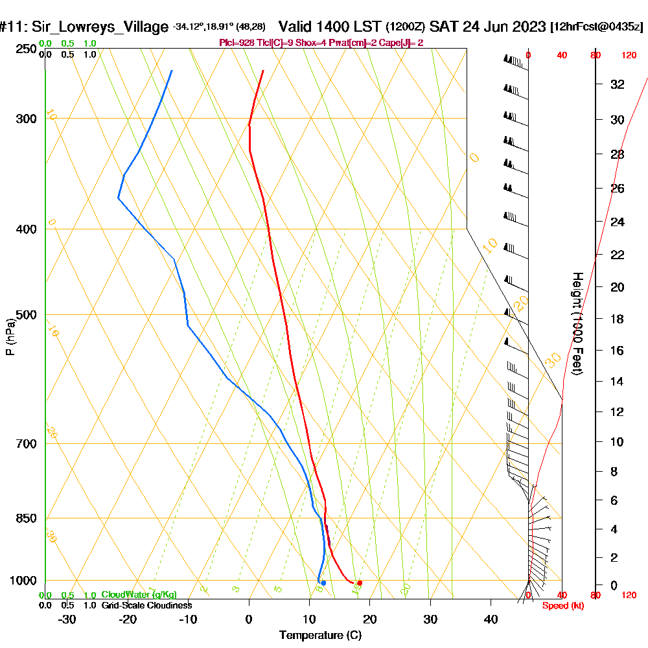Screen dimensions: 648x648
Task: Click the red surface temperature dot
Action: coord(360,583)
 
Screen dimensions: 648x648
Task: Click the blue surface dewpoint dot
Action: coord(323,583)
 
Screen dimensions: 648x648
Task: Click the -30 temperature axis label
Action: coord(67,619)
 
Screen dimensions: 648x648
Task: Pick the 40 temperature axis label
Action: coord(491,619)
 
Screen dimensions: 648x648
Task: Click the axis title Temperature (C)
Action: coord(320,635)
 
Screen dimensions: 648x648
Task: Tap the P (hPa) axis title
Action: coord(10,337)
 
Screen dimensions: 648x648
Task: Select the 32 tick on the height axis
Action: coord(617,84)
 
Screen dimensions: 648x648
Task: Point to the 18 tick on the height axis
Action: coord(617,319)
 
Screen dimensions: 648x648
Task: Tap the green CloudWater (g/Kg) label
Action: coord(139,595)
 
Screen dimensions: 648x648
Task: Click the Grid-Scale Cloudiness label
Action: coord(146,605)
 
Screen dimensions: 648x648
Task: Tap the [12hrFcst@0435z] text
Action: coord(596,27)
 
